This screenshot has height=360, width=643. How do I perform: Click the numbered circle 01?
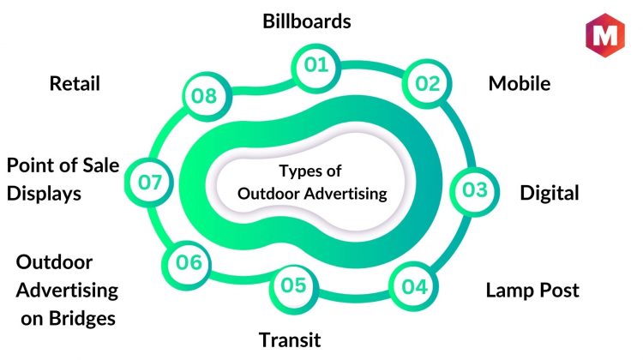[x=315, y=68]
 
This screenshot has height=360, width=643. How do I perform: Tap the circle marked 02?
[x=427, y=84]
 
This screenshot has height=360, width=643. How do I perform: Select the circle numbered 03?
[x=474, y=191]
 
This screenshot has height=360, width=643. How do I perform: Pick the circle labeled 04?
[x=414, y=286]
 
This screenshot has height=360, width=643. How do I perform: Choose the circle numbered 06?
[x=187, y=265]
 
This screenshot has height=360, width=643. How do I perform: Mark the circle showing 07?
[x=149, y=182]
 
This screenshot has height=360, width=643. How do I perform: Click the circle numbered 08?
[x=207, y=96]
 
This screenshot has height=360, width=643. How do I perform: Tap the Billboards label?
[x=307, y=21]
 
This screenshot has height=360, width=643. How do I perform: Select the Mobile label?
[x=520, y=84]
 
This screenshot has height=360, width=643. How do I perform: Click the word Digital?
[x=550, y=194]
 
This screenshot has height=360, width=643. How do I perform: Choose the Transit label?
[x=290, y=340]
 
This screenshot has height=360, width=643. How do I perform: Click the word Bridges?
[x=82, y=319]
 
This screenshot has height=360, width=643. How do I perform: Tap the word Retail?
[x=75, y=84]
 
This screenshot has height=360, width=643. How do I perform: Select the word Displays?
[x=44, y=194]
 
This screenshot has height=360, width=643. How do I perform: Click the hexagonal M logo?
[x=605, y=35]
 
